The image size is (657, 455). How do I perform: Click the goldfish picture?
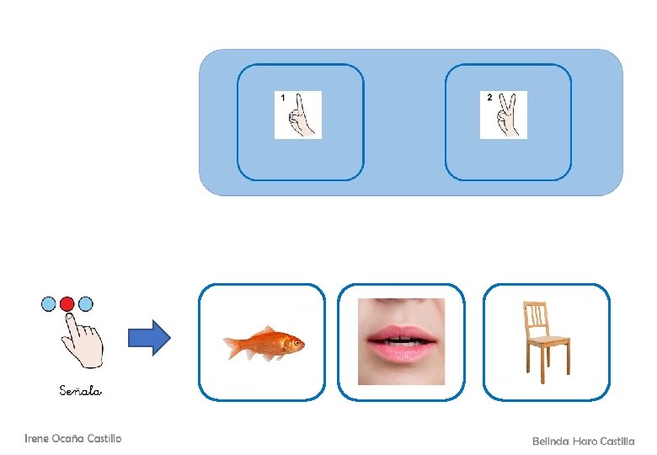coord(263,342)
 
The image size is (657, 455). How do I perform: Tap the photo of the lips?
coord(400,340)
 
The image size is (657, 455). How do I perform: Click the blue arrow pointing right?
coord(148,339)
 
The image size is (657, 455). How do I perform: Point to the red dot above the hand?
coord(67,303)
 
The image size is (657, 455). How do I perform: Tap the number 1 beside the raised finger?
coord(283,99)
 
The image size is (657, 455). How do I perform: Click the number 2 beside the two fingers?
coord(489,98)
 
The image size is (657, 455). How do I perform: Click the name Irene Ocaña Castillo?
coord(72,438)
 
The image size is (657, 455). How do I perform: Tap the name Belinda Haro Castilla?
coord(584,441)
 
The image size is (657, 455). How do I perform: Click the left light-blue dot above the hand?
coord(49,303)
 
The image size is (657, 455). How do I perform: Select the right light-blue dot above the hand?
coord(86,303)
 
